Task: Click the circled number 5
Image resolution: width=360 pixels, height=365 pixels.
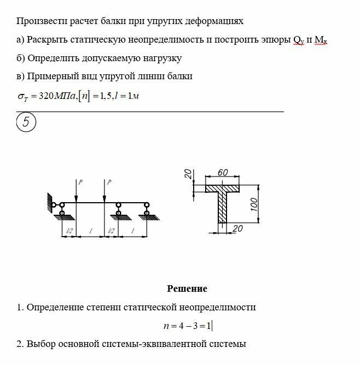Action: pyautogui.click(x=26, y=122)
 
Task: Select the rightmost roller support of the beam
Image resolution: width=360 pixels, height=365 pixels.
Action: pyautogui.click(x=146, y=210)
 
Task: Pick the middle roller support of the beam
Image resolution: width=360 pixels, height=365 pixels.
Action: pyautogui.click(x=118, y=210)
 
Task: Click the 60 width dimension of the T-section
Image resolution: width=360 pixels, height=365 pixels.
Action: pyautogui.click(x=223, y=173)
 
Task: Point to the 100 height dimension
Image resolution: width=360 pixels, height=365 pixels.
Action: pyautogui.click(x=253, y=203)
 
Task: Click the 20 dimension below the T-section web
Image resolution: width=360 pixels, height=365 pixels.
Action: pyautogui.click(x=237, y=228)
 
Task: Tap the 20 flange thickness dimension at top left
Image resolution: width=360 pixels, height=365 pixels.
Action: pyautogui.click(x=188, y=174)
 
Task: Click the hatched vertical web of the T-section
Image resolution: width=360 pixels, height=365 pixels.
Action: pyautogui.click(x=223, y=208)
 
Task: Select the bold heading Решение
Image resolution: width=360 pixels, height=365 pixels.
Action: pyautogui.click(x=187, y=289)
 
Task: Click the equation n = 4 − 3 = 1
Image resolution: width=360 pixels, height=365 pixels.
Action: pyautogui.click(x=187, y=326)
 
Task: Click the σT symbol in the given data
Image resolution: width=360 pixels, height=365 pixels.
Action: pyautogui.click(x=23, y=96)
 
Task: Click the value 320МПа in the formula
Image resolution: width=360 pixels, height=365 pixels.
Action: pyautogui.click(x=58, y=96)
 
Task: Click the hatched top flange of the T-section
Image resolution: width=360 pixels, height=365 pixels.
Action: pyautogui.click(x=223, y=187)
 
